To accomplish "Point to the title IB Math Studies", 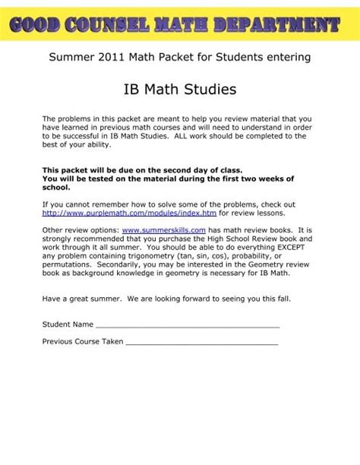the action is click(179, 90).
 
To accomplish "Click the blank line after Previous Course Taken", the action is click(201, 343).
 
